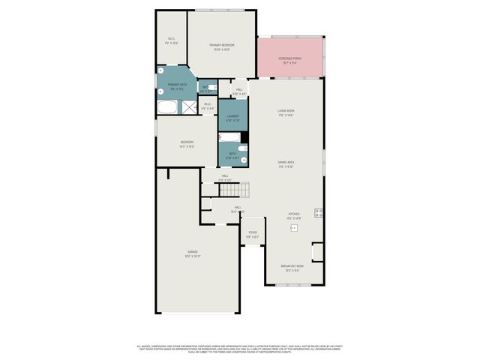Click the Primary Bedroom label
(x=222, y=46)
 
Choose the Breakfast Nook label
(x=292, y=268)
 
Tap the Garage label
(x=193, y=253)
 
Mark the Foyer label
(x=253, y=234)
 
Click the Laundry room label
(x=232, y=118)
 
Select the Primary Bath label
(x=177, y=86)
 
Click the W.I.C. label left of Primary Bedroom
(x=170, y=41)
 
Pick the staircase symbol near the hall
(x=232, y=190)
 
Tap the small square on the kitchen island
(x=295, y=226)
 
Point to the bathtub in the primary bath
(x=167, y=107)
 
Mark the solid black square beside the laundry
(x=244, y=137)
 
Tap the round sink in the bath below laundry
(x=243, y=159)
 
